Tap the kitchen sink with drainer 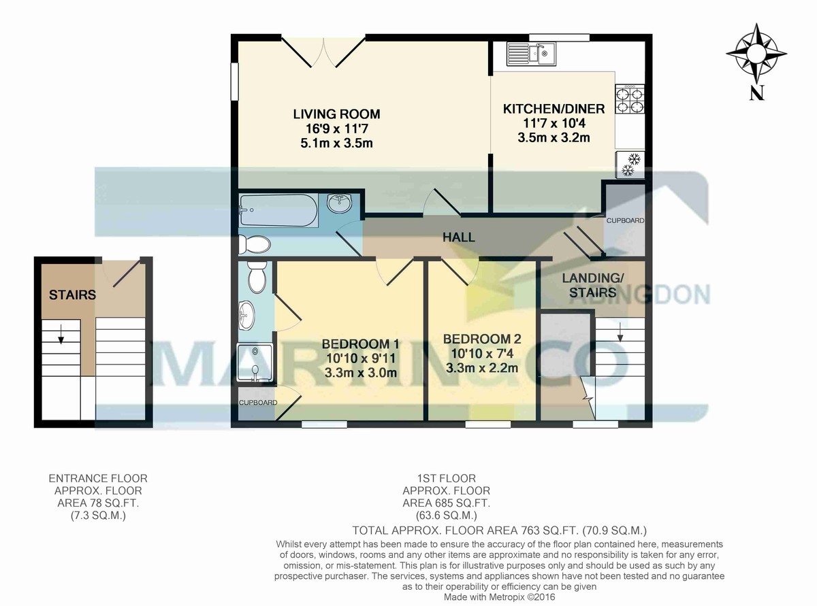click(x=531, y=54)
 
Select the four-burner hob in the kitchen click(x=630, y=99)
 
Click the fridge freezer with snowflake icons click(x=630, y=165)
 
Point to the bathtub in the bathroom click(x=278, y=210)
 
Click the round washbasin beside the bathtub click(x=340, y=203)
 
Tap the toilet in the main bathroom click(x=255, y=244)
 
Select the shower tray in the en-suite click(x=255, y=363)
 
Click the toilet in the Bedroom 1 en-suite click(x=257, y=277)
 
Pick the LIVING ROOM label click(x=336, y=114)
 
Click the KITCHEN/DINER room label click(x=554, y=109)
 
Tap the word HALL click(x=459, y=237)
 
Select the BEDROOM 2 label click(x=482, y=339)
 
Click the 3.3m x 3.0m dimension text click(x=361, y=373)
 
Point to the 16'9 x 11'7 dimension click(x=336, y=129)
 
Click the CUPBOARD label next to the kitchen click(x=625, y=221)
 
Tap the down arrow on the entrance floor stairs click(x=61, y=334)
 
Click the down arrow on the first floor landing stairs click(x=620, y=333)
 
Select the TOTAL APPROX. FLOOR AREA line click(x=500, y=531)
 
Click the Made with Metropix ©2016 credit click(x=499, y=596)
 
